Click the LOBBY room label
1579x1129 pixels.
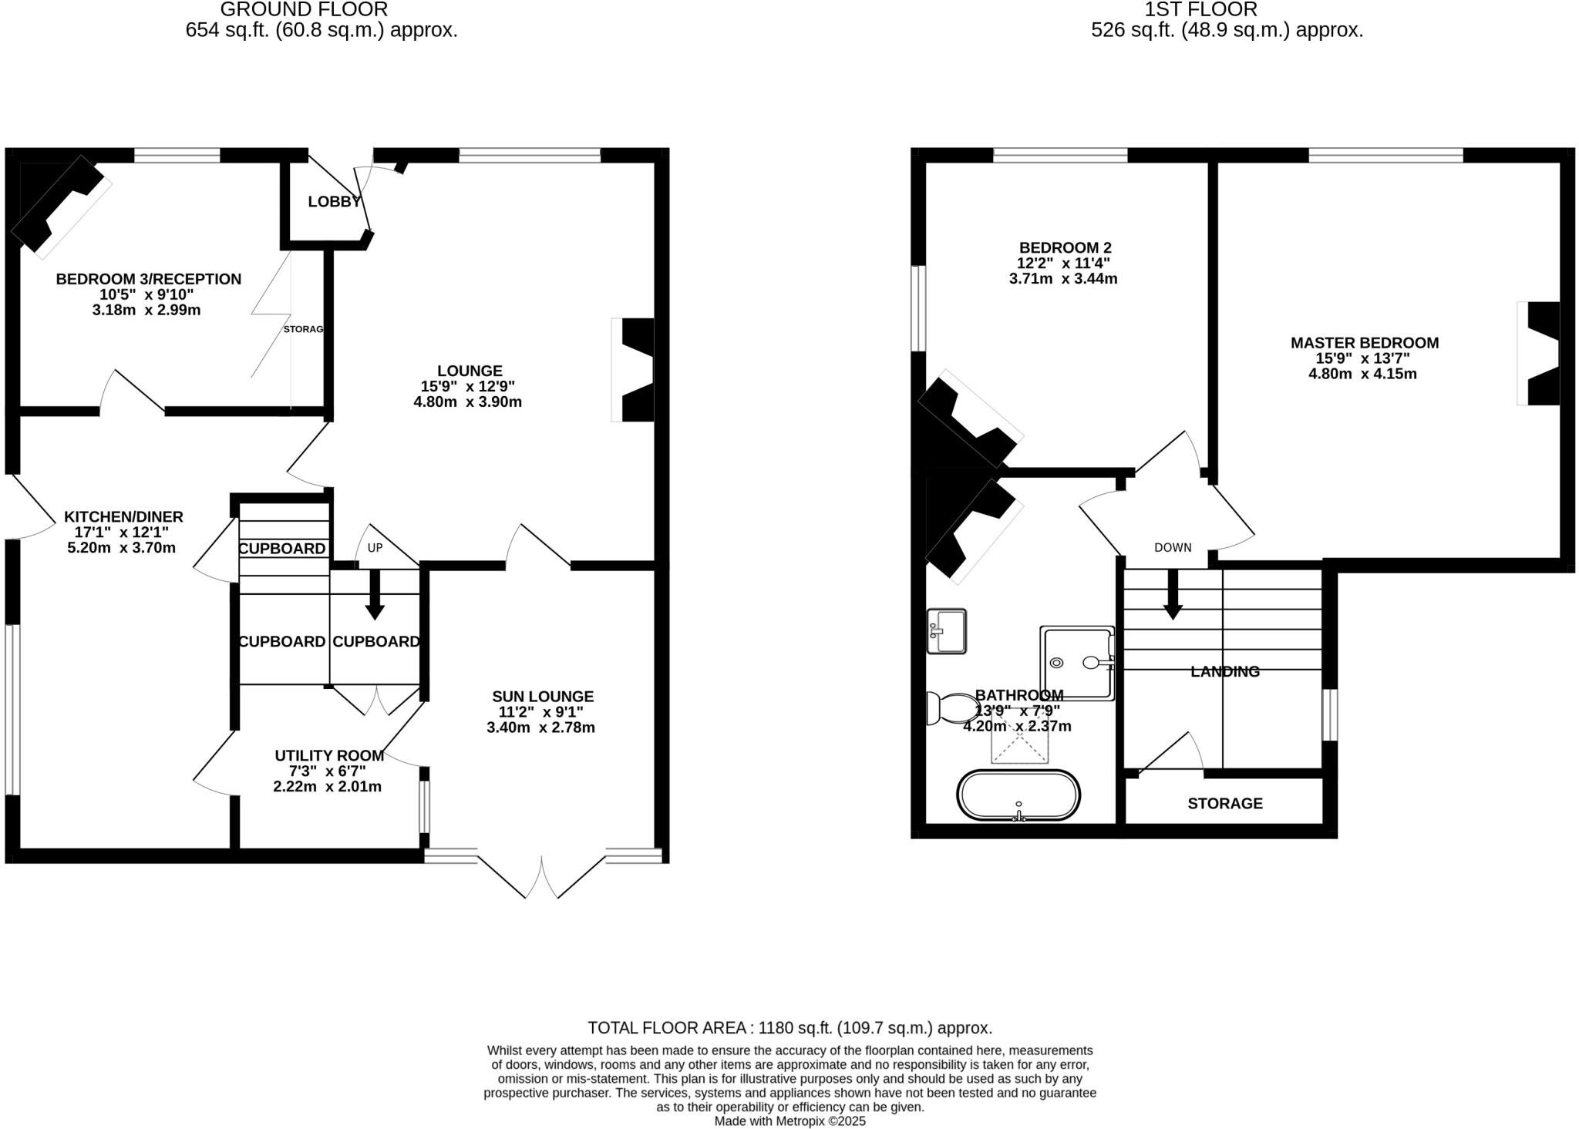tap(334, 202)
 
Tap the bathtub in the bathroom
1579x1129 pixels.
tap(1018, 795)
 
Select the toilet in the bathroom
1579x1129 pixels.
tap(953, 707)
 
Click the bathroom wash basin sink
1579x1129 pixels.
tap(946, 631)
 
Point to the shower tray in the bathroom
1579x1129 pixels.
tap(1077, 663)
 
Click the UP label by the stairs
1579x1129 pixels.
tap(375, 548)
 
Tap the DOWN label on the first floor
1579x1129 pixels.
tap(1172, 548)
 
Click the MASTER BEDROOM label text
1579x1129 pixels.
tap(1364, 343)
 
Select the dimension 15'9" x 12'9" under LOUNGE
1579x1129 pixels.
tap(468, 386)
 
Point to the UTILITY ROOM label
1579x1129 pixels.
tap(329, 756)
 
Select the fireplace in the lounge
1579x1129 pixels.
tap(635, 370)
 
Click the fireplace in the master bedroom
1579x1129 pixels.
tap(1541, 353)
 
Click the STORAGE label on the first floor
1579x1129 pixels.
tap(1224, 804)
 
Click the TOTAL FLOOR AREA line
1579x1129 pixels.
tap(789, 1027)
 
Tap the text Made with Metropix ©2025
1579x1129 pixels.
tap(789, 1121)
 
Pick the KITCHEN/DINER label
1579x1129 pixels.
tap(123, 517)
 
